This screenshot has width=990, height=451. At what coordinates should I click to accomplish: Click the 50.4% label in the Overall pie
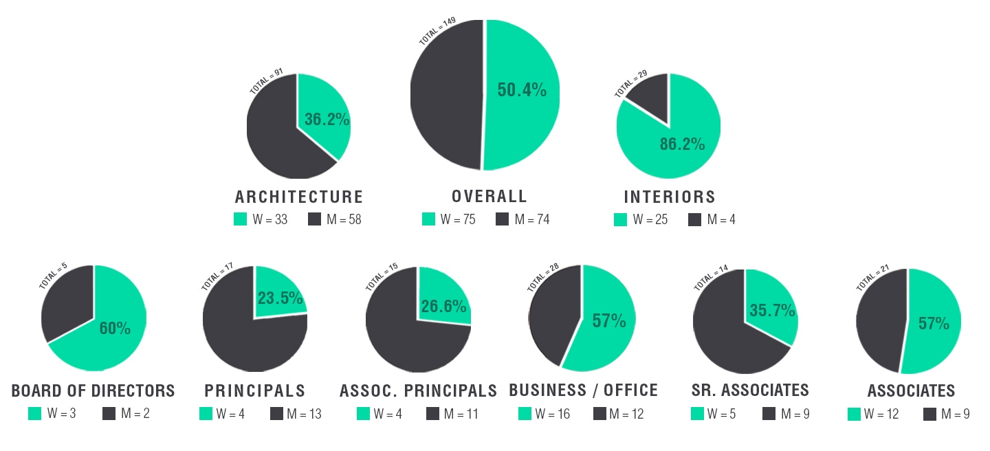coord(522,89)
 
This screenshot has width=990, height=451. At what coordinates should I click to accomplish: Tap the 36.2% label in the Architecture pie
coord(327,120)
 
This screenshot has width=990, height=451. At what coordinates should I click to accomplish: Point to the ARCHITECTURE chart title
coord(299,197)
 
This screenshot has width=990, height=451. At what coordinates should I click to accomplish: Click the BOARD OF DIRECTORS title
coord(93,391)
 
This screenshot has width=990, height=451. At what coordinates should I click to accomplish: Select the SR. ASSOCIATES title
coord(750,390)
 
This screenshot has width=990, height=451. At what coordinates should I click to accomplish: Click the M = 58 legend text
coord(344,220)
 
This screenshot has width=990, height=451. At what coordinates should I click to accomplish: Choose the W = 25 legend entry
coord(649,220)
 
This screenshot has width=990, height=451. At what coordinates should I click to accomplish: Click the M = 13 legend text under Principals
coord(304,414)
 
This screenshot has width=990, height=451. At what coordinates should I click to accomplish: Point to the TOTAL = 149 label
coord(437,32)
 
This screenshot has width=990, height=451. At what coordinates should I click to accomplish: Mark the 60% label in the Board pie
coord(115,329)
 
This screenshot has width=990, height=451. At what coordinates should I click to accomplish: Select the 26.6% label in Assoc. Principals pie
coord(443,307)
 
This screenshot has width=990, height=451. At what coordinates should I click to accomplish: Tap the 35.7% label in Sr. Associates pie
coord(772,311)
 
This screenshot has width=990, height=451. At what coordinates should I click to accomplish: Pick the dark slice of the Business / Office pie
coord(550,309)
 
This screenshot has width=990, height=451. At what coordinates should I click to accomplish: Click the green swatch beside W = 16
coord(525,414)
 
